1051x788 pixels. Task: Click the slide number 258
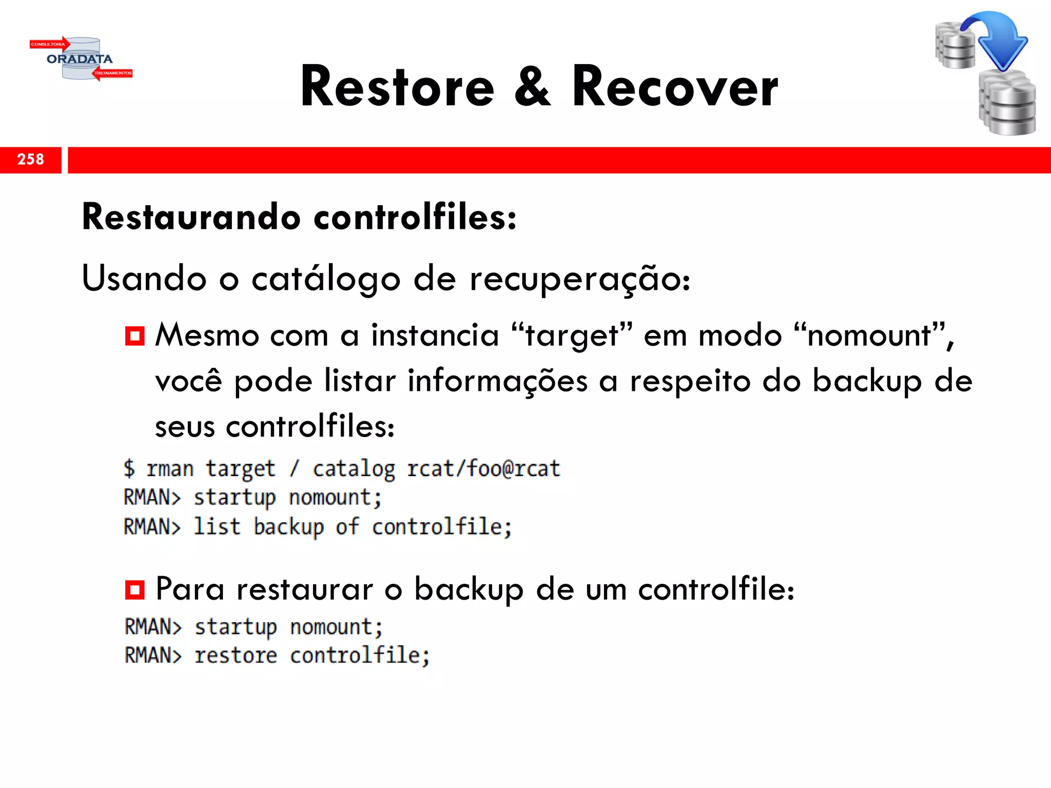click(x=31, y=160)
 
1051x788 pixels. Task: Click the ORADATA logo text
click(x=80, y=59)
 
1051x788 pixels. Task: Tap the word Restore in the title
click(x=397, y=87)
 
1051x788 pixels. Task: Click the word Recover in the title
click(x=675, y=87)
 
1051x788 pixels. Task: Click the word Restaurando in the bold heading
click(x=191, y=217)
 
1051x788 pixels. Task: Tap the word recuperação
click(x=580, y=279)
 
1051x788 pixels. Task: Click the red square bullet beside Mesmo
click(x=135, y=336)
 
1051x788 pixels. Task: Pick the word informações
click(x=497, y=381)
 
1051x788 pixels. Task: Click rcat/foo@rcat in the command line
click(x=483, y=469)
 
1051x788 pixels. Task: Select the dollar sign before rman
click(x=129, y=469)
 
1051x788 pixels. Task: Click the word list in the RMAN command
click(x=217, y=527)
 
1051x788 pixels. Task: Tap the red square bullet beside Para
click(x=135, y=589)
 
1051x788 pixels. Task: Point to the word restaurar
click(x=304, y=589)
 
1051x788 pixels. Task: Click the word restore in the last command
click(x=236, y=656)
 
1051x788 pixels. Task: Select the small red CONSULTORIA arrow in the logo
click(x=49, y=44)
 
